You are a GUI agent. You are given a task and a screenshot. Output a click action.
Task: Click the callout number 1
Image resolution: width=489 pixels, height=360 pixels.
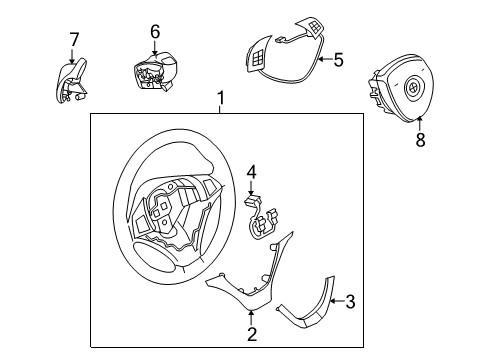click(x=220, y=98)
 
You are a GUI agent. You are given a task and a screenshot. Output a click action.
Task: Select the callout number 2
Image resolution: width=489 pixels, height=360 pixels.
click(x=252, y=334)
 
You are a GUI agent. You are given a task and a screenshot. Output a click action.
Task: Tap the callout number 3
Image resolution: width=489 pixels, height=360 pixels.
click(x=350, y=301)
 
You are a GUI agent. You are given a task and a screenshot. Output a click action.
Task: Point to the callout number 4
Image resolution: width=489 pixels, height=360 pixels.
click(x=251, y=173)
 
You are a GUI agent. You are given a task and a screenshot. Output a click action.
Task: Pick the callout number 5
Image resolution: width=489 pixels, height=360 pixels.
click(x=338, y=60)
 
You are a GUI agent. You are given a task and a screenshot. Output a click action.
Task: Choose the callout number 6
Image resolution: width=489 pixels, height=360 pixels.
click(x=155, y=32)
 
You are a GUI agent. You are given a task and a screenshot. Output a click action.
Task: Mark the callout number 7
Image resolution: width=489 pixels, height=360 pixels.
click(x=74, y=40)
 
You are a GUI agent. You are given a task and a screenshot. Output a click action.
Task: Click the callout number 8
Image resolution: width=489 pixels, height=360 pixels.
click(x=420, y=140)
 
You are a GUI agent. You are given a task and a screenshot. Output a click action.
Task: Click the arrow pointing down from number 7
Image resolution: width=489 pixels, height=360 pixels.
click(x=72, y=56)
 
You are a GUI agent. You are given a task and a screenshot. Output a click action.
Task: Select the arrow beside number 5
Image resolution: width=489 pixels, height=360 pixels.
click(x=325, y=60)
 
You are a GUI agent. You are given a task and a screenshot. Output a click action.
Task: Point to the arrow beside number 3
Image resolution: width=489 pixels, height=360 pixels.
click(x=337, y=301)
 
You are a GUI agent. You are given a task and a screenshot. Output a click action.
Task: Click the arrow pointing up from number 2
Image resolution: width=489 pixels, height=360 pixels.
click(x=251, y=318)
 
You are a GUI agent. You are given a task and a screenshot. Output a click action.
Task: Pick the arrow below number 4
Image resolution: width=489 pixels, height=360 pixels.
click(x=251, y=187)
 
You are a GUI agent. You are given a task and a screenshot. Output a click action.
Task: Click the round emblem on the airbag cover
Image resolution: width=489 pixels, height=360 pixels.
click(x=413, y=88)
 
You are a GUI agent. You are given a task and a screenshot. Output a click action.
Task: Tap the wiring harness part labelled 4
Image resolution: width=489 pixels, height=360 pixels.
click(x=262, y=218)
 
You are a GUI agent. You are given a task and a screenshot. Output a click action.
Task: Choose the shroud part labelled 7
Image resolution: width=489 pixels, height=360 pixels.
click(x=71, y=81)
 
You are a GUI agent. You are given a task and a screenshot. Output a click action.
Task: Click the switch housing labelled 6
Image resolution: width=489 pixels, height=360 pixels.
click(x=155, y=72)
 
